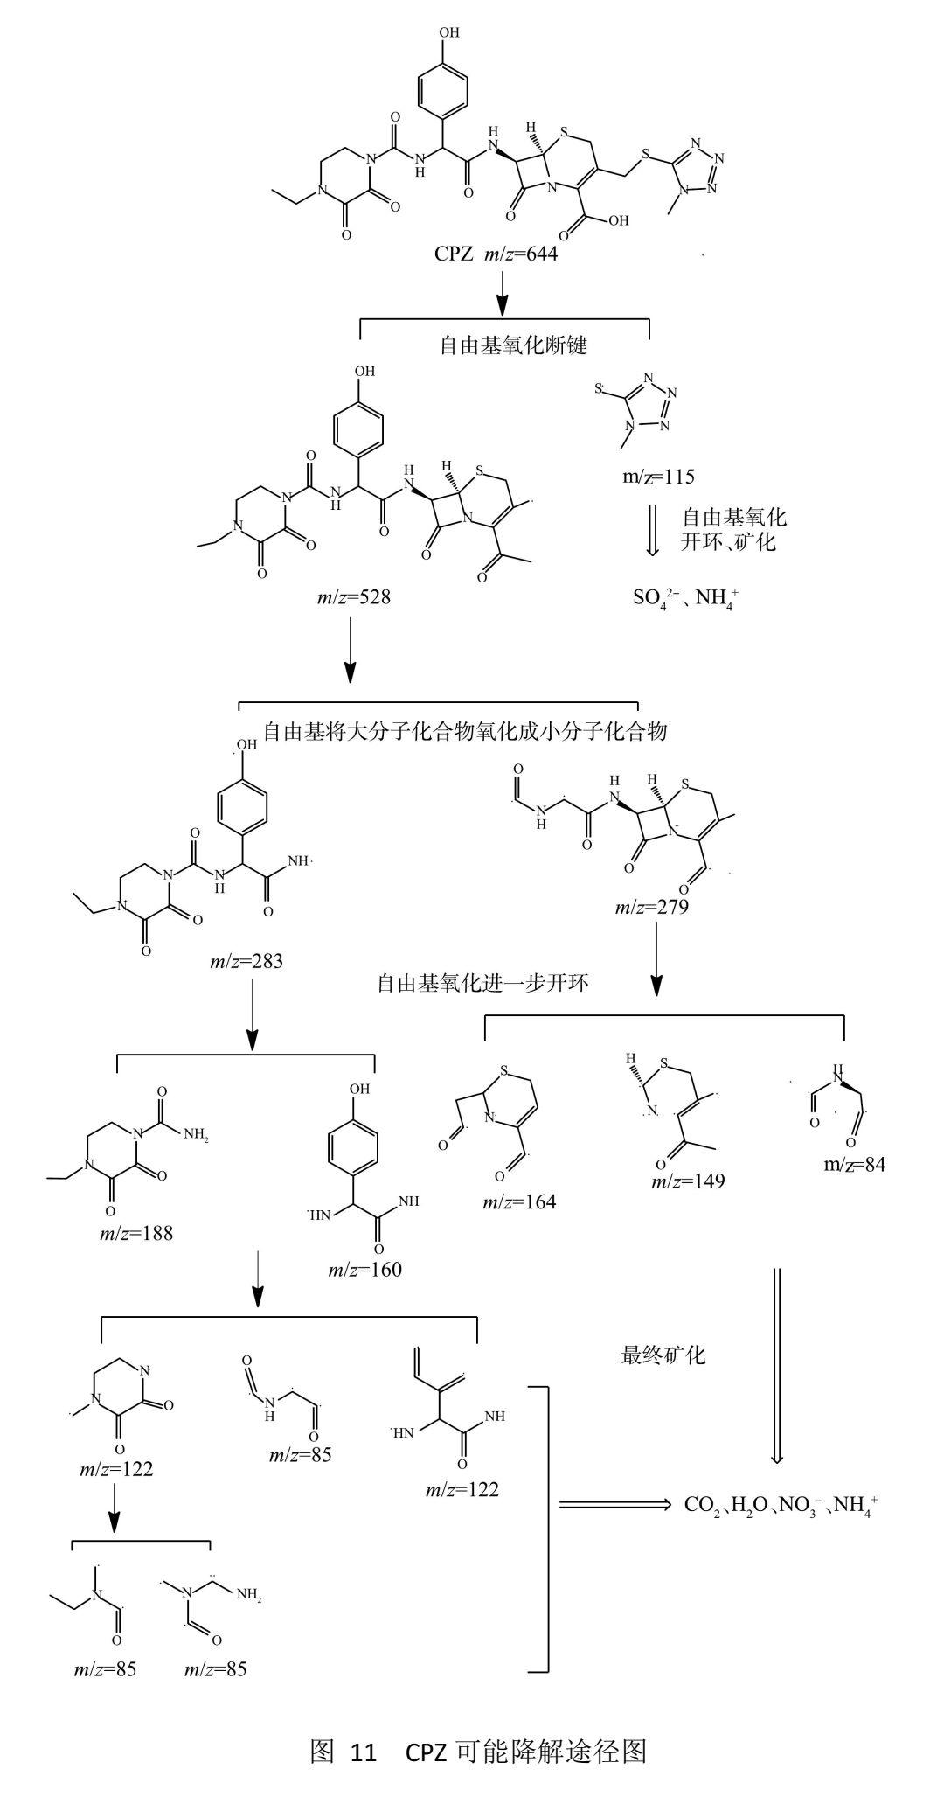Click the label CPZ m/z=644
[496, 254]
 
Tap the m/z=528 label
[353, 597]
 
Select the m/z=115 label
[658, 477]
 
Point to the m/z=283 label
[246, 962]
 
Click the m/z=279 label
[651, 907]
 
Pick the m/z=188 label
[136, 1234]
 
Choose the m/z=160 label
[365, 1270]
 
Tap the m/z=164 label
[519, 1201]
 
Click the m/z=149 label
[688, 1181]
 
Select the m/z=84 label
[854, 1165]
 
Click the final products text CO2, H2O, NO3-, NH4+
[781, 1505]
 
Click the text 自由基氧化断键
[513, 345]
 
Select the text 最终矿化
[663, 1355]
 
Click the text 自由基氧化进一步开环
[482, 983]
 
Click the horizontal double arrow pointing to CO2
[614, 1504]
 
